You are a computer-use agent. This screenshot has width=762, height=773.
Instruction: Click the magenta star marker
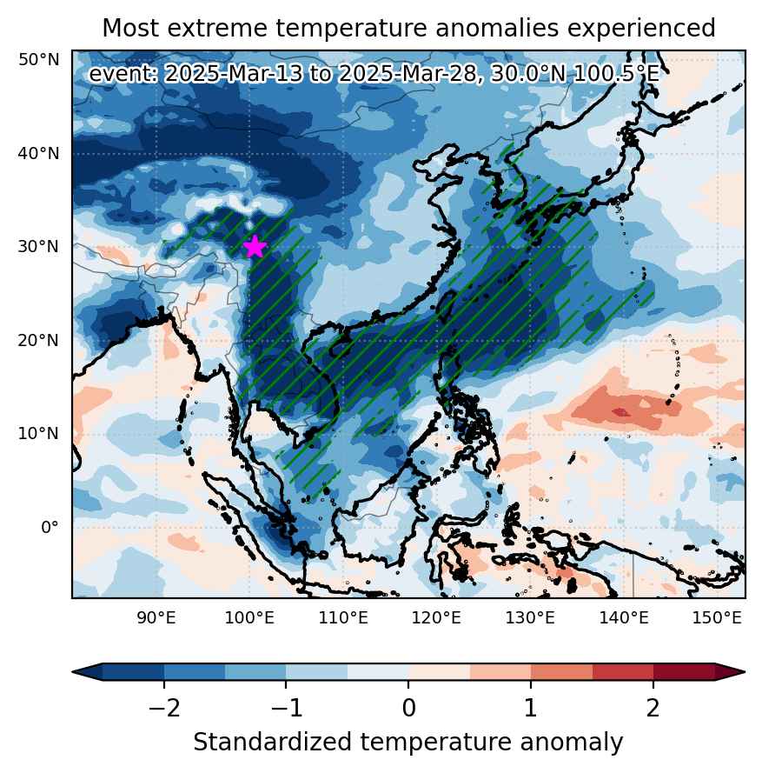point(255,246)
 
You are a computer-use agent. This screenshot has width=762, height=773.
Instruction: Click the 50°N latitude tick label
point(39,60)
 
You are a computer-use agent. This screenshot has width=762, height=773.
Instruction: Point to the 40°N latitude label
point(39,153)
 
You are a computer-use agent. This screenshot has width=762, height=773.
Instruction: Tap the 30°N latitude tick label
point(39,246)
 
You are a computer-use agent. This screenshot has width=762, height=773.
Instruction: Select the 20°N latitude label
point(39,340)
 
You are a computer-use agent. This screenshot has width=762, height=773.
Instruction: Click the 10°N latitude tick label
point(39,433)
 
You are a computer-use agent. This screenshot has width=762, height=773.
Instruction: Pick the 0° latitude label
point(50,527)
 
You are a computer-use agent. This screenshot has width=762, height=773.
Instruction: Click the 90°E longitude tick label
point(156,617)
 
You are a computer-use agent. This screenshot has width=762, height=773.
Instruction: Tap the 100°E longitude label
point(249,617)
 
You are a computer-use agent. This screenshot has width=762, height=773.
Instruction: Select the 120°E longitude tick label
point(436,617)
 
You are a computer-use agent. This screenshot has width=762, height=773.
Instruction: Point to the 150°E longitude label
point(717,617)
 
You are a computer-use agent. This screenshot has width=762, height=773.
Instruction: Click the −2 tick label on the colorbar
point(164,709)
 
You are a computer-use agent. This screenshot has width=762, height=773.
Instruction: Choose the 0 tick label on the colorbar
point(408,709)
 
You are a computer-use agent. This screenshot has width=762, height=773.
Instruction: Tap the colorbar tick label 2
point(653,709)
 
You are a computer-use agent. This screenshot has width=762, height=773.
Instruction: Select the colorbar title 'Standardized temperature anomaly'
point(408,742)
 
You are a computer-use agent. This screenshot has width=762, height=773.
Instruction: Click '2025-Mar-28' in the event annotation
point(408,74)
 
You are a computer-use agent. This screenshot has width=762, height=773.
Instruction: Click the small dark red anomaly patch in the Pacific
point(620,411)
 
